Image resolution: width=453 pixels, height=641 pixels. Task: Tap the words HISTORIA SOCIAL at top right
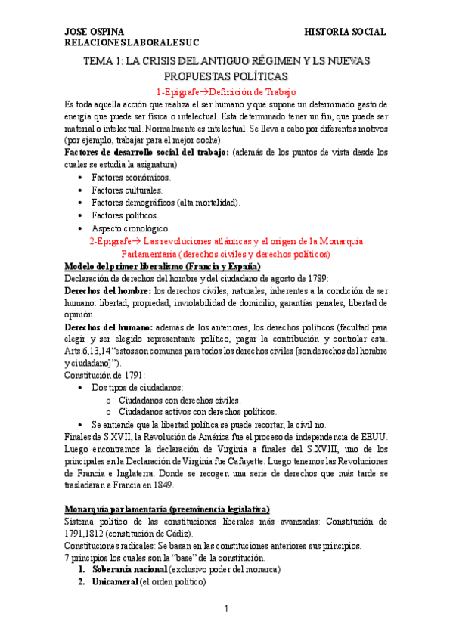pyautogui.click(x=345, y=32)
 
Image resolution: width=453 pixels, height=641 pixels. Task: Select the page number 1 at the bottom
pyautogui.click(x=226, y=609)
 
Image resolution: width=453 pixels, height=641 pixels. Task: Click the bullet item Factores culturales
pyautogui.click(x=126, y=190)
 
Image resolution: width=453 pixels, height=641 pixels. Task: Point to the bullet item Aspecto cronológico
pyautogui.click(x=131, y=228)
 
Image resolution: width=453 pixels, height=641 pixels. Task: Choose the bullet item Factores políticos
pyautogui.click(x=125, y=215)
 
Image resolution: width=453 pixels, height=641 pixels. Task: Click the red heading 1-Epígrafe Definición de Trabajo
pyautogui.click(x=226, y=90)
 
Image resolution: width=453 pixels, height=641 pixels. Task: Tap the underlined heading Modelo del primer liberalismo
pyautogui.click(x=163, y=267)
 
